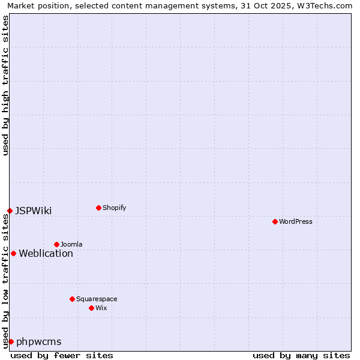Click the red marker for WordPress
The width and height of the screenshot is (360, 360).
275,221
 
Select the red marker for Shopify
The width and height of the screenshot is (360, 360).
98,208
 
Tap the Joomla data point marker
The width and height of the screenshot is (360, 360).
56,244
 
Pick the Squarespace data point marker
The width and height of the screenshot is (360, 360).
72,299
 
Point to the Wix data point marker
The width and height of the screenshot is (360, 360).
91,308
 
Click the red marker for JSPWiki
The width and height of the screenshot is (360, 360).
10,211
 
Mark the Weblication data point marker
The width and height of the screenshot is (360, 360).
13,253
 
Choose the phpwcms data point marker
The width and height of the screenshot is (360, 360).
11,341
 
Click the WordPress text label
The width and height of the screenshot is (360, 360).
296,221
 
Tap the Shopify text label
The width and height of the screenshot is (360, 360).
114,208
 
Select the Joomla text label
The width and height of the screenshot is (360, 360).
71,244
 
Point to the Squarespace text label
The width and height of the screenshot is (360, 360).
97,299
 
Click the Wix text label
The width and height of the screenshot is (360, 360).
101,308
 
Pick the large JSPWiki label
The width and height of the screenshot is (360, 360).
33,211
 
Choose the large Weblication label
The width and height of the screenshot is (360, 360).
46,253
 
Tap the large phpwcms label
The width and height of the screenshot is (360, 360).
38,341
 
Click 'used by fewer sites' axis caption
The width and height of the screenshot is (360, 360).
62,355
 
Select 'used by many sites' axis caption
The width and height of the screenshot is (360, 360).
301,355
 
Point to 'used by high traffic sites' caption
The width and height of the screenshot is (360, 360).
6,85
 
